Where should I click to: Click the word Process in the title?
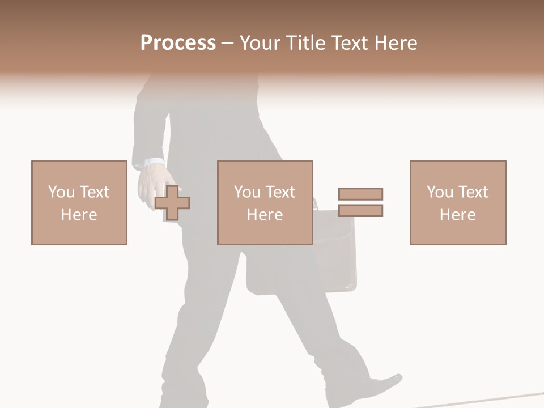point(178,43)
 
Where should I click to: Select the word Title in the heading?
point(304,43)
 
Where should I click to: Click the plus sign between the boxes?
point(172,203)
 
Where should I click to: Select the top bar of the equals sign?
point(360,194)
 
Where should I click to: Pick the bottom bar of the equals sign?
point(360,211)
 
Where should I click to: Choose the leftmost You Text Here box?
point(79,202)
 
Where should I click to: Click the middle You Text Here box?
point(265,202)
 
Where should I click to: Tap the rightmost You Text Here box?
point(457,202)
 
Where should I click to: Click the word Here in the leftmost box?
point(79,215)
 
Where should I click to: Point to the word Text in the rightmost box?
point(473,192)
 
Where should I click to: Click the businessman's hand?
point(150,187)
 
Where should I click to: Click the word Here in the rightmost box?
point(457,215)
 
